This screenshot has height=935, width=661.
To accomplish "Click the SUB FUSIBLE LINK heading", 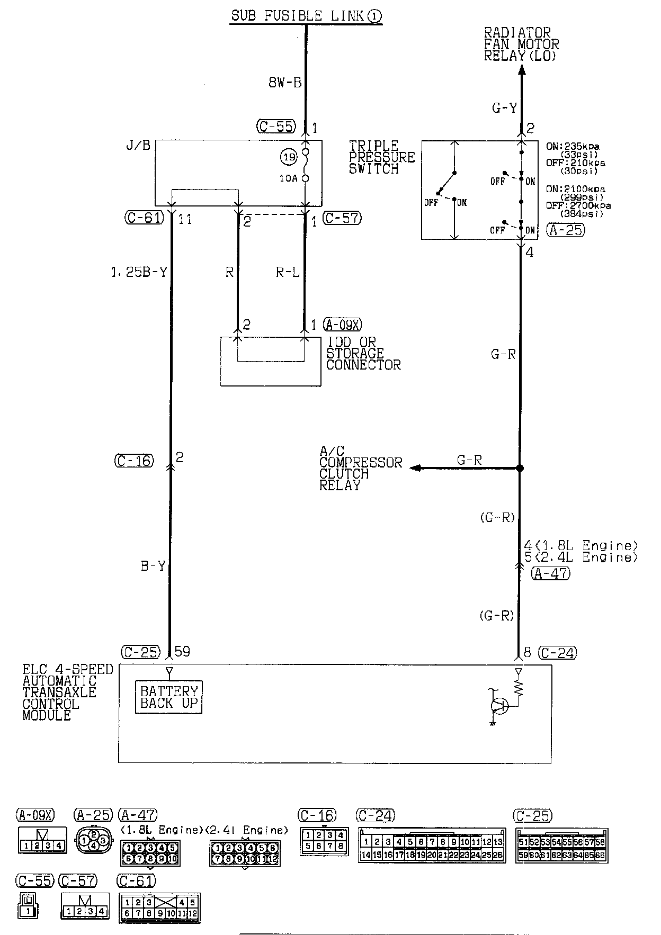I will point(306,16).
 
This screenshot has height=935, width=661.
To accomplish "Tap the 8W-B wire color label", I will point(285,83).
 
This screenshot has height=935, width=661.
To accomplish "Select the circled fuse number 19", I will point(289,157).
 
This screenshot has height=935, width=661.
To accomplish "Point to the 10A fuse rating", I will point(288,179).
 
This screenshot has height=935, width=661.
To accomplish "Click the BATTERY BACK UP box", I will point(168,697).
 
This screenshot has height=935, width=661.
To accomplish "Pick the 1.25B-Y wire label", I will point(139,272).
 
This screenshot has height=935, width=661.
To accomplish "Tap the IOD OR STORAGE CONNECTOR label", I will point(363,354).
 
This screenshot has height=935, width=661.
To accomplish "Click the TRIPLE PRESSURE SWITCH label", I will point(381,157).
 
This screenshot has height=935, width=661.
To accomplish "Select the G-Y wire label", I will point(504,109).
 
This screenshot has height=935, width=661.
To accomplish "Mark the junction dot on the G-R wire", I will point(520,468).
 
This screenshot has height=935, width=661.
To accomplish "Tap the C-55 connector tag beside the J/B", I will point(275,127).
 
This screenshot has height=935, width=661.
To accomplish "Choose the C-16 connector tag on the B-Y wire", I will point(134,461).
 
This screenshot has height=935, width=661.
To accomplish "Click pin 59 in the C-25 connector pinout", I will point(523,855).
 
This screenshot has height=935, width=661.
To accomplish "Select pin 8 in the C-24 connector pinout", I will point(443,842).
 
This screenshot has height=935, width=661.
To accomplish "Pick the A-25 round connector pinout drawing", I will point(94,840).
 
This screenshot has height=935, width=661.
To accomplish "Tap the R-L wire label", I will point(288,272).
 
